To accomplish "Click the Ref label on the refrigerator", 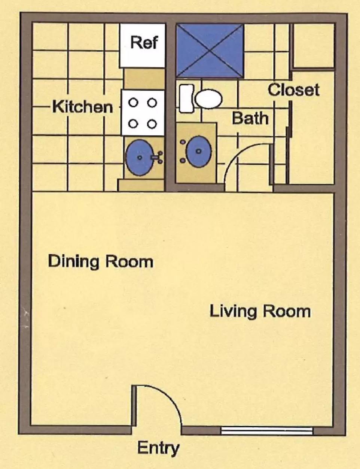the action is click(x=144, y=43).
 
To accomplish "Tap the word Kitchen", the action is click(x=83, y=107).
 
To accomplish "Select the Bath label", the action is click(x=250, y=118).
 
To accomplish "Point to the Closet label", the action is click(x=294, y=90).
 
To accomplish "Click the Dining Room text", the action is click(x=101, y=261).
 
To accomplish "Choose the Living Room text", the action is click(x=260, y=312).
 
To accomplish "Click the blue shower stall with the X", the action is click(x=210, y=51).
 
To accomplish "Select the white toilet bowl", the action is click(x=209, y=99).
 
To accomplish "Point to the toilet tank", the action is click(x=187, y=99).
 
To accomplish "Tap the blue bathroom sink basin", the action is click(x=199, y=151).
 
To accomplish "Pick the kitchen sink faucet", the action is click(x=158, y=157).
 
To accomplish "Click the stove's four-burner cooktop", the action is click(x=143, y=113).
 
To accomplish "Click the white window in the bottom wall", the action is click(x=267, y=431).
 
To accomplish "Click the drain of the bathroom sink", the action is click(x=199, y=151).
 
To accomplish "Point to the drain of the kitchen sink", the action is click(x=140, y=158).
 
